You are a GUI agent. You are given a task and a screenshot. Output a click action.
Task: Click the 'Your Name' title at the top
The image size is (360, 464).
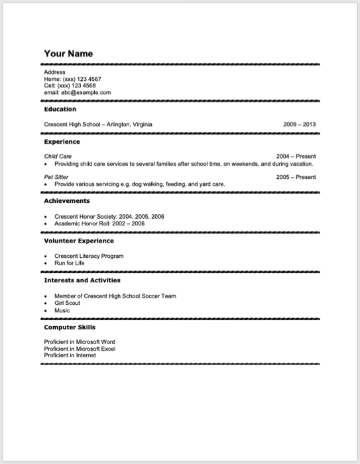click(x=68, y=53)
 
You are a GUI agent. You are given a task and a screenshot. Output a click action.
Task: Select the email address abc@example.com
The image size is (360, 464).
click(x=78, y=93)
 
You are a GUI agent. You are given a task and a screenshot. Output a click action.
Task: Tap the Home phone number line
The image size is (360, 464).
click(x=72, y=79)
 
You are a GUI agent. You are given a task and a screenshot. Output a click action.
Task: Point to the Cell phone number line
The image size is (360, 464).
click(x=70, y=86)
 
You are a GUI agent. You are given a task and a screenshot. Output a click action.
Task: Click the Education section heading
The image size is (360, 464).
click(x=60, y=109)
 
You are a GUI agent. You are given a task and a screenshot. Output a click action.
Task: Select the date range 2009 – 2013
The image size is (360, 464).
click(x=299, y=125)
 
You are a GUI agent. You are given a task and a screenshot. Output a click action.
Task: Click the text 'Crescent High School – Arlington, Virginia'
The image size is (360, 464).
click(x=97, y=125)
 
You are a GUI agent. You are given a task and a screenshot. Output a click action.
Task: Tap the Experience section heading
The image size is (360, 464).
click(x=62, y=141)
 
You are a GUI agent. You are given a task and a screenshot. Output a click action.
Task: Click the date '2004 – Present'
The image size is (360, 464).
click(x=296, y=156)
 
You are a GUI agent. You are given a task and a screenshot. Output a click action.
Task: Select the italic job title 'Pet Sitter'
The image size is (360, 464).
click(x=56, y=177)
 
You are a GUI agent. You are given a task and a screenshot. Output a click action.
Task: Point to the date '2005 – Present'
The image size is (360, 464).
click(x=296, y=177)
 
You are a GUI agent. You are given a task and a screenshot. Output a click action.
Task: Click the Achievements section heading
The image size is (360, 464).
click(x=67, y=200)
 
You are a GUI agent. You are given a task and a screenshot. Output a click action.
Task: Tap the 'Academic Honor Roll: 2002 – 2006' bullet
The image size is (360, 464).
click(x=99, y=223)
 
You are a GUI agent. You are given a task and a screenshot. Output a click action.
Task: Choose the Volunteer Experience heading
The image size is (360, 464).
click(x=79, y=241)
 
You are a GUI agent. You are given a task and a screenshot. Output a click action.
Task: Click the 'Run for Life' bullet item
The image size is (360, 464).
click(x=70, y=263)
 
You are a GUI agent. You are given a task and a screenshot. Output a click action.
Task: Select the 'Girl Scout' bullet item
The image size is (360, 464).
click(x=67, y=303)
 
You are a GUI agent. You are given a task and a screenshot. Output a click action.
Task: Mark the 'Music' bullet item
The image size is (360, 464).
click(x=62, y=310)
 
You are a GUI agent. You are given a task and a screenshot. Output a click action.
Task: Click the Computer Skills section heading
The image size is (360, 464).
click(x=70, y=327)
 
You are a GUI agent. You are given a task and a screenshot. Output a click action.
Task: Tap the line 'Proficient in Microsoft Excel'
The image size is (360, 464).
click(x=80, y=349)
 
